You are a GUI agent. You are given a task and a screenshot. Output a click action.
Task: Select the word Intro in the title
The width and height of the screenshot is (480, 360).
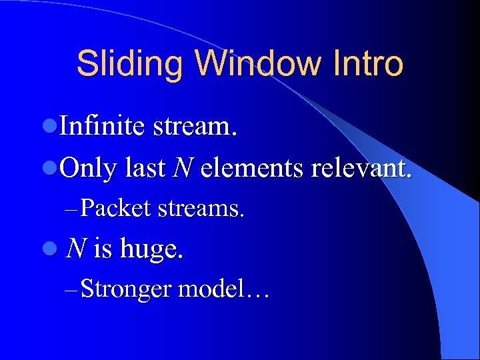369,65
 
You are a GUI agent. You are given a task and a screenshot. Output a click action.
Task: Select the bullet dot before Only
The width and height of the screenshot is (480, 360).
54,169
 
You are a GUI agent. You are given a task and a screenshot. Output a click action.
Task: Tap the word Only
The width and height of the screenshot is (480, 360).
88,169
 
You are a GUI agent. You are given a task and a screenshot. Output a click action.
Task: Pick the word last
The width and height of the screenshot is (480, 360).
145,169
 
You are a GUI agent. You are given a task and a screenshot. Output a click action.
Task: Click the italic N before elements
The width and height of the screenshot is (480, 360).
182,169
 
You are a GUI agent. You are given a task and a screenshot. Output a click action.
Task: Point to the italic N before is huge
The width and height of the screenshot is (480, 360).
77,249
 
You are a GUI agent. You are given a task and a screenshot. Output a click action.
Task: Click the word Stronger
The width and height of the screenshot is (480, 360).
125,291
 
